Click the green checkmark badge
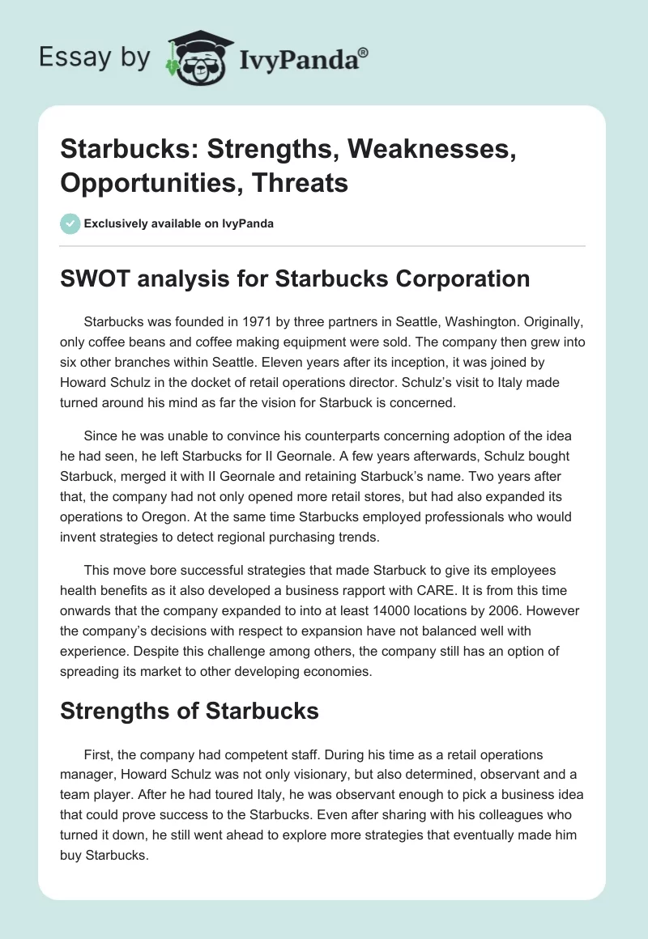pyautogui.click(x=70, y=223)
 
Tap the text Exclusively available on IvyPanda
pyautogui.click(x=178, y=223)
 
